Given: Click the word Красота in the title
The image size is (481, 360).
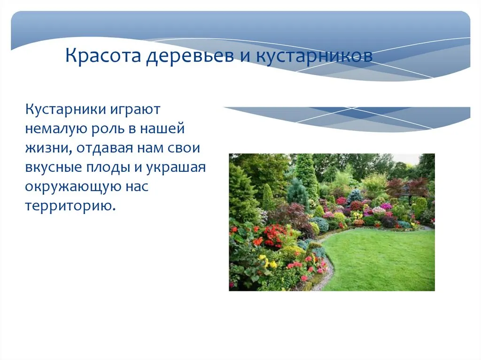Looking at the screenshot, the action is click(103, 55).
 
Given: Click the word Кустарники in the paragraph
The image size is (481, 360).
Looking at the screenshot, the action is click(66, 110).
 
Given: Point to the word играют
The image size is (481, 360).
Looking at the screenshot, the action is click(135, 110).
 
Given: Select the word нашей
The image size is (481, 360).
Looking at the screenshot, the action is click(162, 129).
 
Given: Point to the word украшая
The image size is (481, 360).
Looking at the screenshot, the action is click(176, 168).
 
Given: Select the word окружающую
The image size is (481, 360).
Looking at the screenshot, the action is click(73, 187).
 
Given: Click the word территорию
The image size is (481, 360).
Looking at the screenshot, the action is click(70, 207).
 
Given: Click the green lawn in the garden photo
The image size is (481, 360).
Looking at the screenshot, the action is click(380, 260).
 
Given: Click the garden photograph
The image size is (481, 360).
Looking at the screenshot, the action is click(332, 222).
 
